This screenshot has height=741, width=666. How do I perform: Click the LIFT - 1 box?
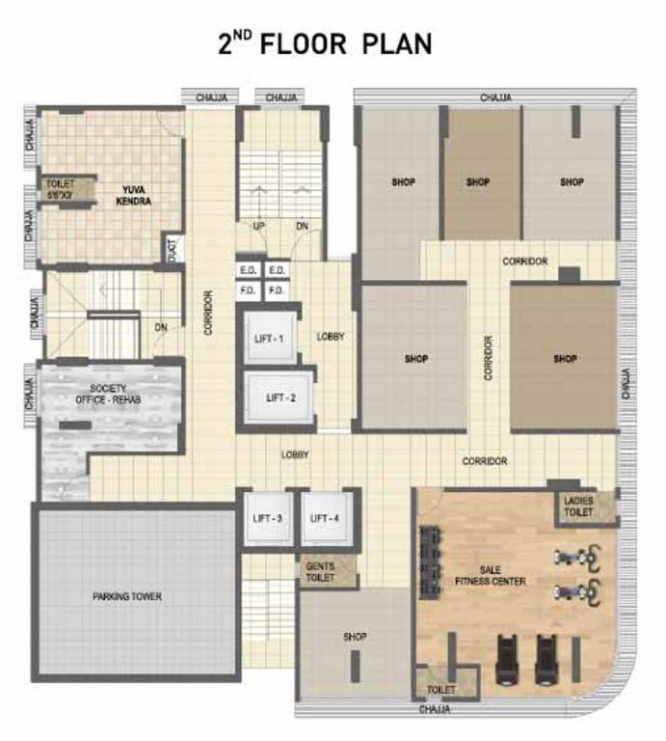[268, 338]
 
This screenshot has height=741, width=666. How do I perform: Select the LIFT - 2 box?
[275, 398]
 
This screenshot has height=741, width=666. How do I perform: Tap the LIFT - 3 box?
[267, 519]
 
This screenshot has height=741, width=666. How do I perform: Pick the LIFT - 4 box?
[326, 519]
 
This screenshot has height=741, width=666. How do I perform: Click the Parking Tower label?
[127, 597]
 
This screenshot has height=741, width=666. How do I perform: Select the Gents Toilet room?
[321, 572]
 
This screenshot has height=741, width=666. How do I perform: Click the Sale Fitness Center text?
[491, 575]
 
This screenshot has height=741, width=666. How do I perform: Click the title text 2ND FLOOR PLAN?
[324, 43]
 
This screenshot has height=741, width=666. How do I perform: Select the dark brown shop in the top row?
[479, 181]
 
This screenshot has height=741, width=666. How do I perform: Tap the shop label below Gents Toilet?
[356, 637]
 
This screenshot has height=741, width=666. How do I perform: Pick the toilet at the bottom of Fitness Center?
[441, 691]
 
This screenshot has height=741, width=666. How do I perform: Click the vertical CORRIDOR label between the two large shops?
[489, 357]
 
